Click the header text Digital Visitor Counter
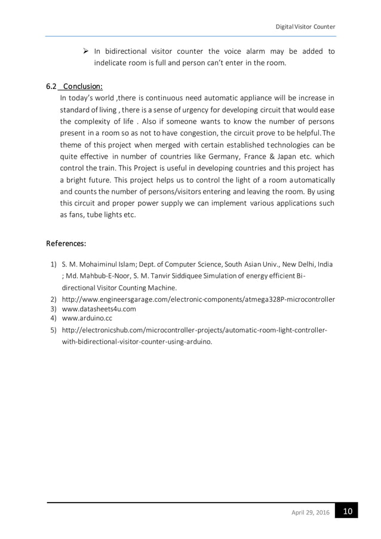(x=305, y=27)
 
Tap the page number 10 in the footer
(x=348, y=512)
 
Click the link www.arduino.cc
(x=87, y=319)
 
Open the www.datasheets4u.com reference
(x=99, y=309)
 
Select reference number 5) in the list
(x=53, y=330)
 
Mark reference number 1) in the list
(x=53, y=264)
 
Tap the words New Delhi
(x=291, y=264)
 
